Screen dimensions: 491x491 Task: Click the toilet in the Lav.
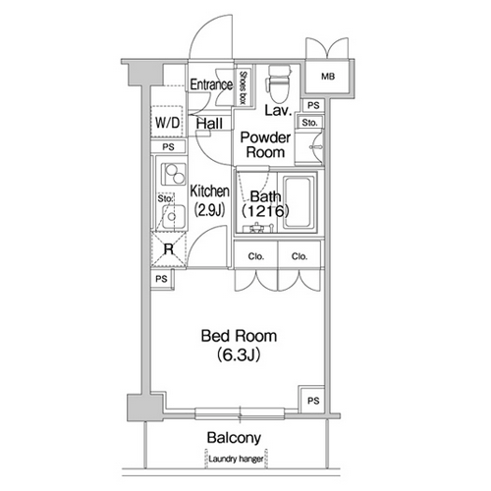(279, 83)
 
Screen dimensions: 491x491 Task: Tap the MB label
(328, 77)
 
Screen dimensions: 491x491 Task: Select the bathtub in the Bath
(298, 202)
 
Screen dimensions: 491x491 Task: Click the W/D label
(168, 123)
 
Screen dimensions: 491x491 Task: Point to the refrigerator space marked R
(168, 249)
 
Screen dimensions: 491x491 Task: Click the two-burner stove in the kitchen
(174, 174)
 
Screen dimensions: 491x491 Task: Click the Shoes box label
(244, 87)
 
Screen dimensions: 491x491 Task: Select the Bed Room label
(239, 336)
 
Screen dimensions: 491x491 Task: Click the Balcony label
(234, 438)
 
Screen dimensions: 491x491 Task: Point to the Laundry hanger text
(236, 459)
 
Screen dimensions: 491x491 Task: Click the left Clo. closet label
(256, 256)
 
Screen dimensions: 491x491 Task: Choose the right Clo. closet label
(300, 256)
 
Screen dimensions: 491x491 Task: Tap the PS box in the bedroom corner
(313, 400)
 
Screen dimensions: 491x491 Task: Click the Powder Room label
(265, 145)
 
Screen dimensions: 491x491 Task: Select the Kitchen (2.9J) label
(210, 201)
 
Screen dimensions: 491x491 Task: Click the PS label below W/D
(168, 147)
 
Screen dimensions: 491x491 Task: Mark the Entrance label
(211, 84)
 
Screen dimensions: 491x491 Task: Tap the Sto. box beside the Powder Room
(309, 123)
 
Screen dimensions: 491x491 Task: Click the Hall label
(209, 124)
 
